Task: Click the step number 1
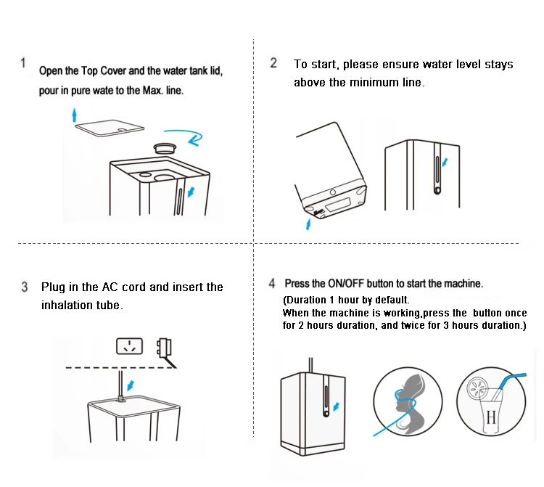(24, 63)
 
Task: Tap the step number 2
(273, 63)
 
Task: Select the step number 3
(25, 287)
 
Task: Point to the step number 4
(272, 283)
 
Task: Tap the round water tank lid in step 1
(167, 147)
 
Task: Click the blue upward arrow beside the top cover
(74, 113)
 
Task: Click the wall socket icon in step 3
(130, 346)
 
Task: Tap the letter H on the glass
(491, 417)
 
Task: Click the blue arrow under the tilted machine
(309, 224)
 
